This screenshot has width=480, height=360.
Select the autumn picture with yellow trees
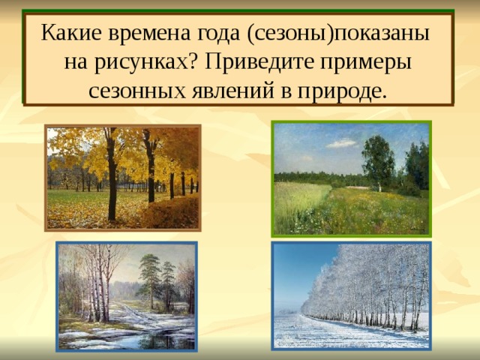click(122, 177)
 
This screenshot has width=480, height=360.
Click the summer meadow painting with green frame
click(351, 178)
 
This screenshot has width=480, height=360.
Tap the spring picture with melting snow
click(126, 296)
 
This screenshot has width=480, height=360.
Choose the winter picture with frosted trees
click(351, 296)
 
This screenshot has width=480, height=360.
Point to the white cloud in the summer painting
click(342, 143)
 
